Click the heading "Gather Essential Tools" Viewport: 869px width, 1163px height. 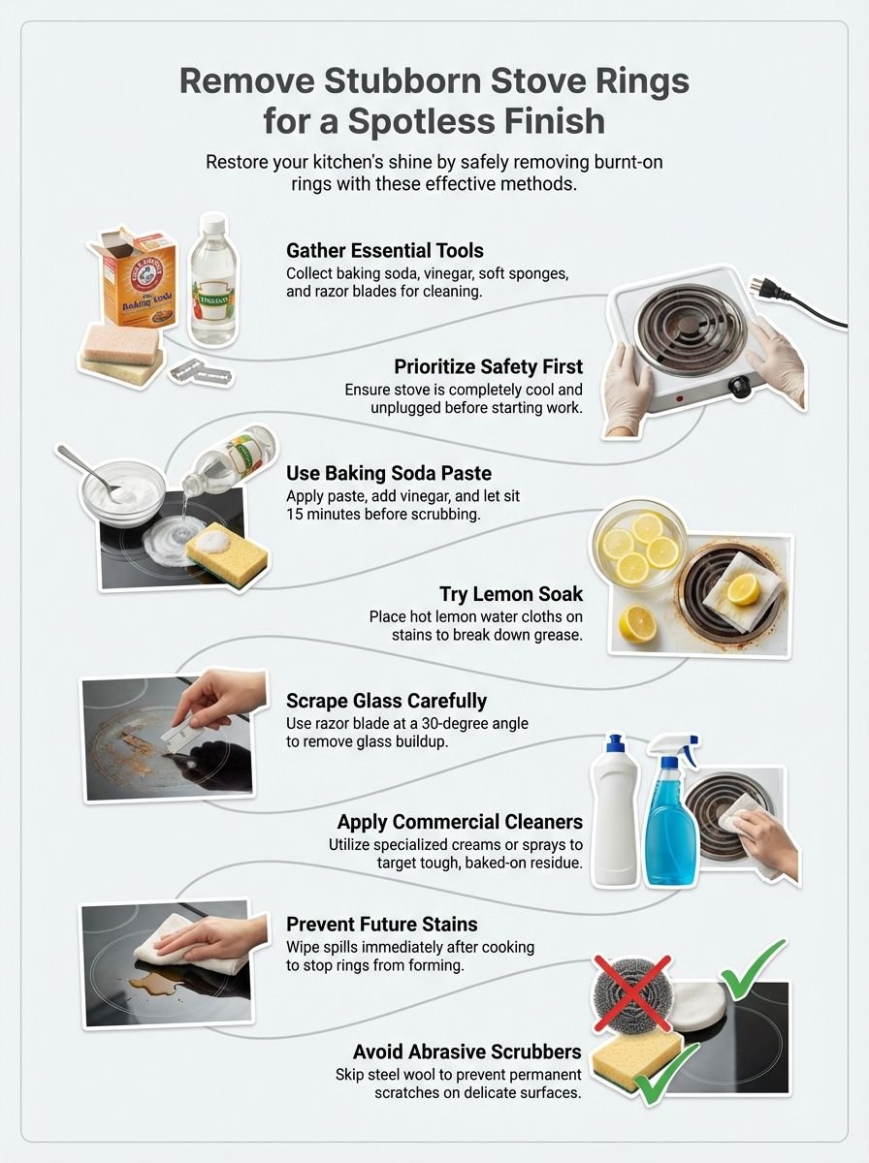[x=384, y=251]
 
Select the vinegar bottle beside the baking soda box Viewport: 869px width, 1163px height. [x=213, y=281]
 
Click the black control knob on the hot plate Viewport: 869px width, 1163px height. [x=742, y=390]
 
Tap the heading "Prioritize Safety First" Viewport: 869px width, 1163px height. [x=488, y=367]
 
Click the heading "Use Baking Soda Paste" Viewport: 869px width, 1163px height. [x=388, y=474]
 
